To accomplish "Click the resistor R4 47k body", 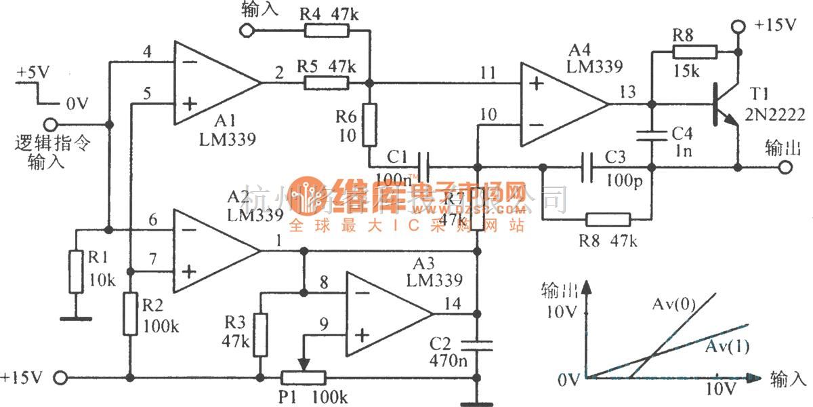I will click(x=327, y=30).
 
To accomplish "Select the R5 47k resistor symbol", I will click(x=327, y=83).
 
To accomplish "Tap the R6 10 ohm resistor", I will click(x=369, y=125).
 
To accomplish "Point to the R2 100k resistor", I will click(x=130, y=313).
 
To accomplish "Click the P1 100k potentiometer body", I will click(x=303, y=377).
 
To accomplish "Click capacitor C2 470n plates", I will click(x=478, y=345).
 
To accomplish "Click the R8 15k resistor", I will click(x=694, y=52).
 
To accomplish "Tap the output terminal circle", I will click(x=785, y=167).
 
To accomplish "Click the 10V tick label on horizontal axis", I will click(x=720, y=390).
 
